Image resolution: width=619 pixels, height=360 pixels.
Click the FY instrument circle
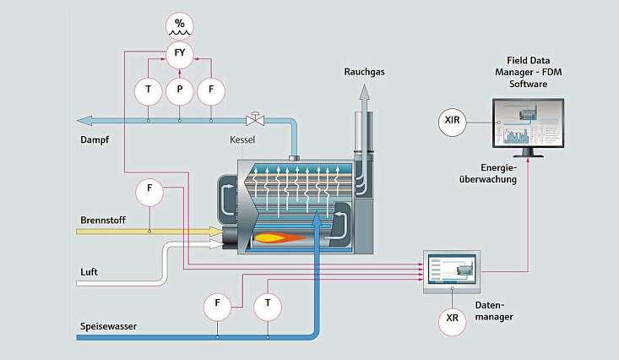[179, 54]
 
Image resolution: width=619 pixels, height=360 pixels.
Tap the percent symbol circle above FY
[179, 24]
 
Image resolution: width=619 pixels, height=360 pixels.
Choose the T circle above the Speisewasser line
[268, 303]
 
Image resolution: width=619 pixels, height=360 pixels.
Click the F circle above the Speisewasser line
[218, 303]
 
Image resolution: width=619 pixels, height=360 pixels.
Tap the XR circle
[453, 320]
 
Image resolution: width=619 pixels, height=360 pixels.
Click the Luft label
[90, 271]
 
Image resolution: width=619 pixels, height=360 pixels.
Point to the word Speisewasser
[108, 325]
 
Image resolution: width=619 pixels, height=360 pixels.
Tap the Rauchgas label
[364, 73]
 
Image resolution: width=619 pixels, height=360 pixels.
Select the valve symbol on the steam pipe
[252, 120]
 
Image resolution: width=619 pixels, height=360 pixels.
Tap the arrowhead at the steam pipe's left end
[82, 120]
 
